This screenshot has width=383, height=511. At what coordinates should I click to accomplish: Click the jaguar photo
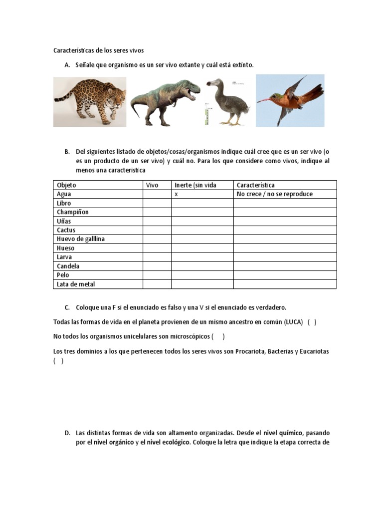coord(90,101)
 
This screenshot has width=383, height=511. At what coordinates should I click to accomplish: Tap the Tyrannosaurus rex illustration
coord(165,101)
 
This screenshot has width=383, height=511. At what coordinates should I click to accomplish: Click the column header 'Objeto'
coord(67,185)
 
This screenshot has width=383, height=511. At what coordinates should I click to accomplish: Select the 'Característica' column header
coord(255,185)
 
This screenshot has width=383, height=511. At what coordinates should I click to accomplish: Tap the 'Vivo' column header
coord(152,185)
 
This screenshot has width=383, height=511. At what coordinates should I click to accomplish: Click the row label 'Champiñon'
coord(73,212)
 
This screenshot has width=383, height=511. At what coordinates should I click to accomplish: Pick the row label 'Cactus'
coord(66,230)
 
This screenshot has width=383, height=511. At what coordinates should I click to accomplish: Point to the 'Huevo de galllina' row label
coord(81,239)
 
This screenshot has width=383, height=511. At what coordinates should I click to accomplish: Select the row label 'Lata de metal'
coord(76,284)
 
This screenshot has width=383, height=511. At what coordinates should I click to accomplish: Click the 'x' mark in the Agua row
coord(177,194)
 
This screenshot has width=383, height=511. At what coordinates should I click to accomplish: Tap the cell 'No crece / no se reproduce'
coord(275,194)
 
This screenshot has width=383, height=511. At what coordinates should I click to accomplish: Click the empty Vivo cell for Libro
coord(157,203)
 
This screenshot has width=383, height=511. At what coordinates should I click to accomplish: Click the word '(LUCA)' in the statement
coord(293,322)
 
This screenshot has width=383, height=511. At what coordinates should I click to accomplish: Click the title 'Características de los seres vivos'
coord(98,50)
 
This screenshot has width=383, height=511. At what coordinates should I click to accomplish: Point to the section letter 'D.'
coord(67,433)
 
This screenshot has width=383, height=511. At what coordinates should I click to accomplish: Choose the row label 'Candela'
coord(68,266)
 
